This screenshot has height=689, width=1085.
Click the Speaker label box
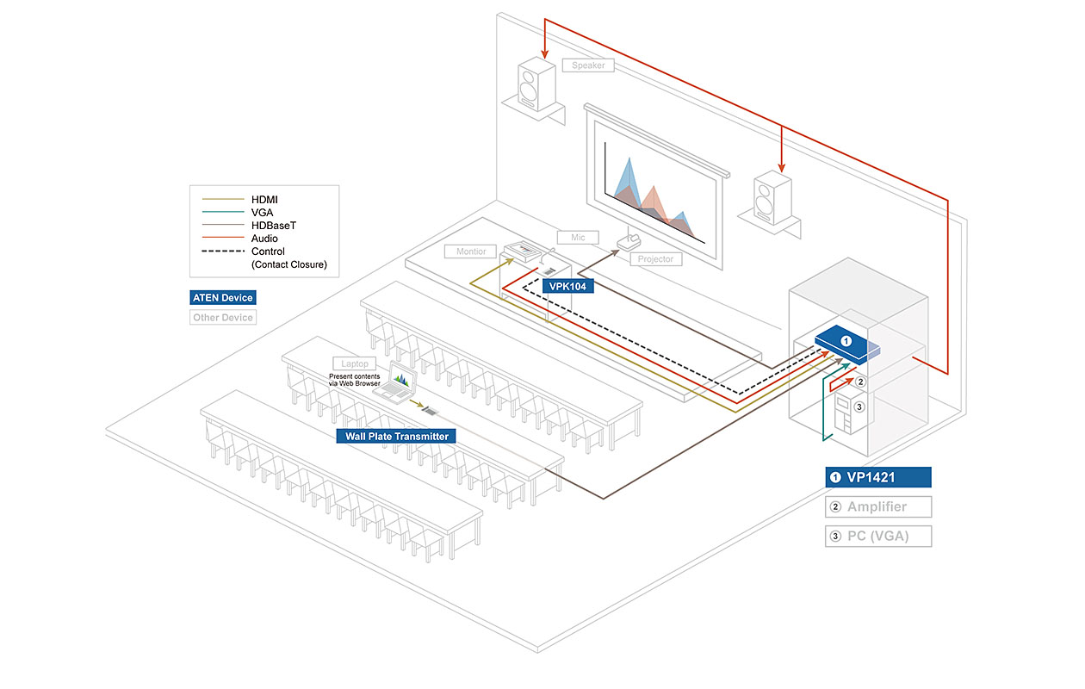click(x=588, y=65)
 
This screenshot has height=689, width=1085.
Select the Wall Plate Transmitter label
click(x=397, y=436)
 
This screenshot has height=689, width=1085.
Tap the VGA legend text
click(x=263, y=213)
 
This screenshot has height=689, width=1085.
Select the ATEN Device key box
click(x=223, y=297)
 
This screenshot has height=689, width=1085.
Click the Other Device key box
click(x=223, y=317)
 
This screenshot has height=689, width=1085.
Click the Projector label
click(x=656, y=259)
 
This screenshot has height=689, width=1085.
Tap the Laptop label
click(x=354, y=364)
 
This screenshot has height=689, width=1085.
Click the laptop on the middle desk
click(x=396, y=384)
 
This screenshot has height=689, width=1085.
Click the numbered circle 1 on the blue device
click(x=846, y=342)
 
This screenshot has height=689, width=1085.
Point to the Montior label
click(x=471, y=251)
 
